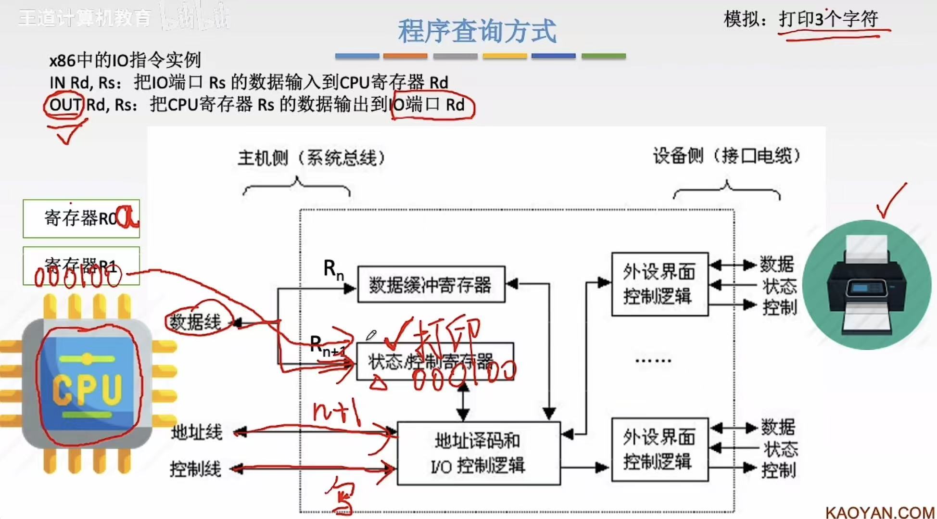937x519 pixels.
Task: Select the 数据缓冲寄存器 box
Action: pyautogui.click(x=431, y=284)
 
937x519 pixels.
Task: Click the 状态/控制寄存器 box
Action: pyautogui.click(x=434, y=362)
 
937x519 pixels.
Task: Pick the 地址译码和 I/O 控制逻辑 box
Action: pyautogui.click(x=478, y=453)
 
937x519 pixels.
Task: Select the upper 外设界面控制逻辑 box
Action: pyautogui.click(x=659, y=284)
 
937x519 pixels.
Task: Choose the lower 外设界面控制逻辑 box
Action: pyautogui.click(x=659, y=450)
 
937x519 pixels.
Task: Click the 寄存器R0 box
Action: pyautogui.click(x=81, y=218)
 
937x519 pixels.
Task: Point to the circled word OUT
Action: pyautogui.click(x=64, y=104)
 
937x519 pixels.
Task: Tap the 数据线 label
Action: pyautogui.click(x=196, y=322)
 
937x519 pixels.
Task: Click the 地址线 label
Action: pyautogui.click(x=197, y=432)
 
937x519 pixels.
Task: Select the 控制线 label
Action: pyautogui.click(x=196, y=469)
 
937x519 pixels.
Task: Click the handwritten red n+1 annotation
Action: pyautogui.click(x=337, y=411)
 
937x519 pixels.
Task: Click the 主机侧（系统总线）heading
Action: pyautogui.click(x=312, y=157)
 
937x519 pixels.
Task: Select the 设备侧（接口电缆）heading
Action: pyautogui.click(x=726, y=155)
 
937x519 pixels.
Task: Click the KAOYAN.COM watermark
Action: pyautogui.click(x=880, y=512)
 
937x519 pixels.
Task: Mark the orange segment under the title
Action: pyautogui.click(x=405, y=56)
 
